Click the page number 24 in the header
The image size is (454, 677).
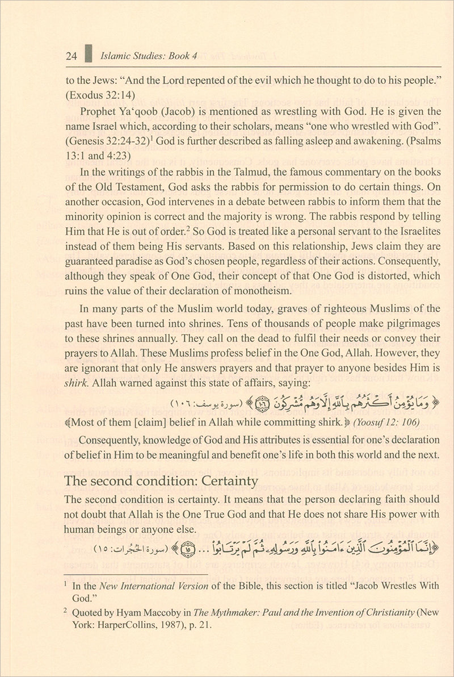pyautogui.click(x=71, y=56)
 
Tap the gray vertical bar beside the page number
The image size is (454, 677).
pyautogui.click(x=87, y=56)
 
